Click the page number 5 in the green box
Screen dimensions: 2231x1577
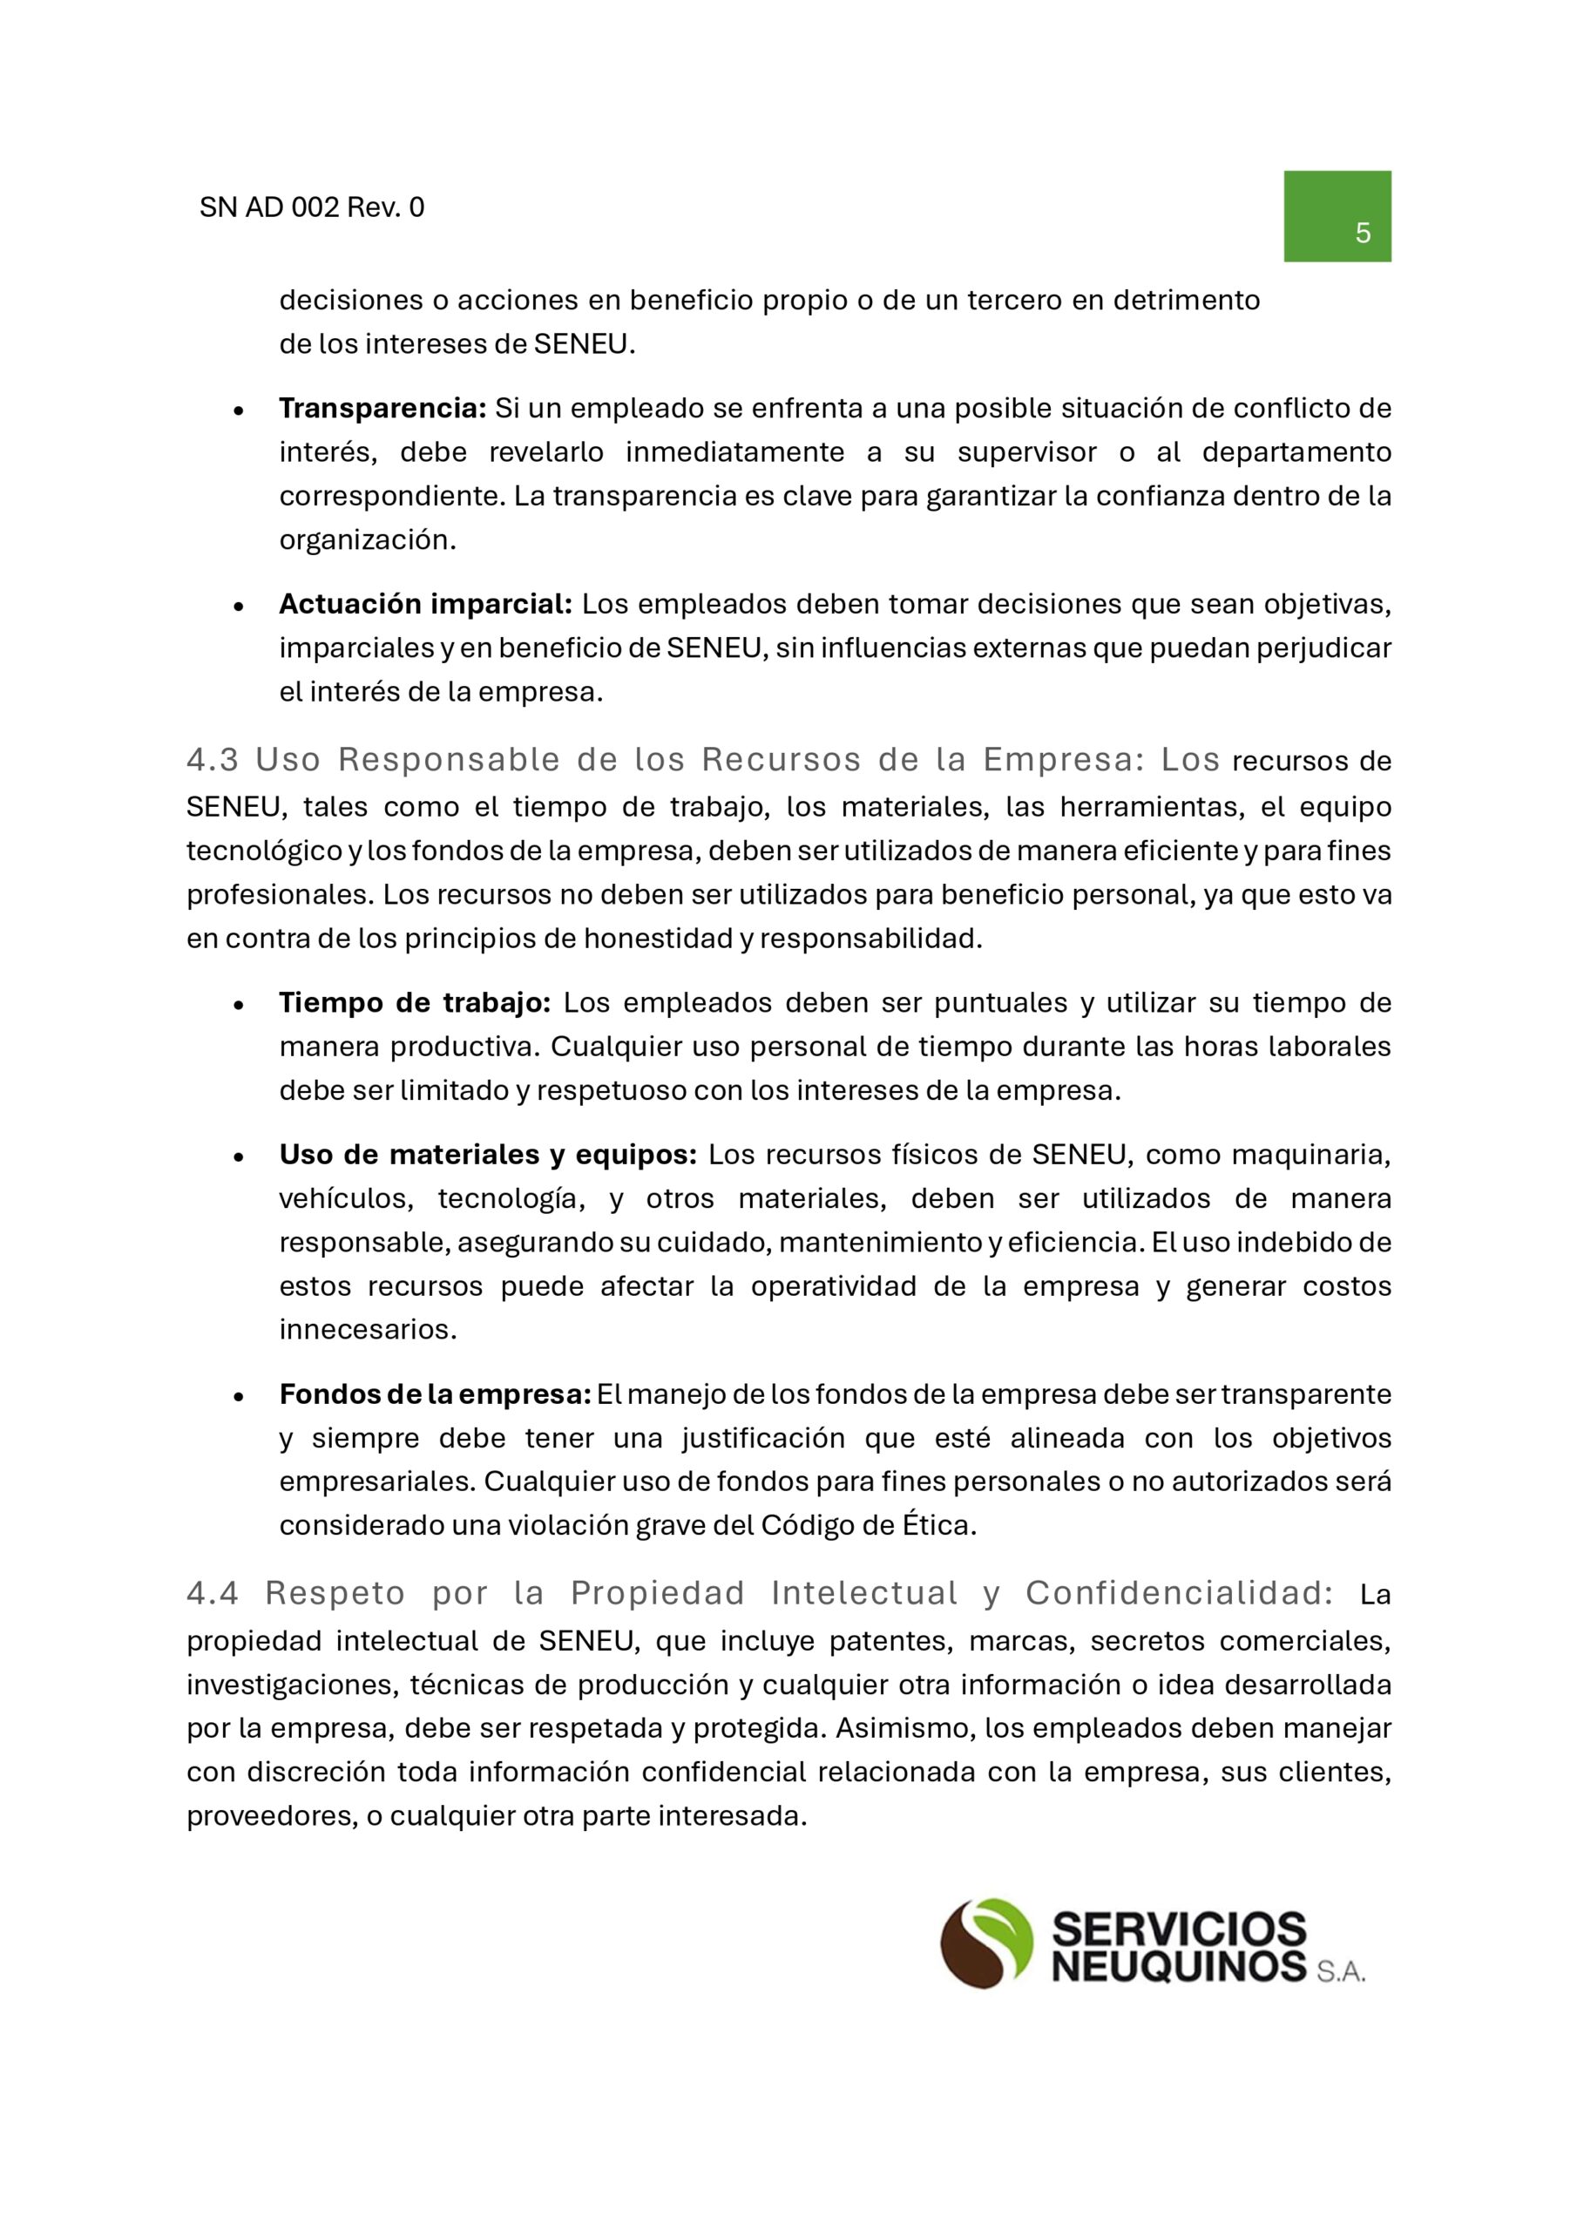1363,234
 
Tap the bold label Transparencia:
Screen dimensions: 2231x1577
382,408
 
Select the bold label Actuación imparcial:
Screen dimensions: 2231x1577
425,605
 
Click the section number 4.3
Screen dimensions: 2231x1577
213,760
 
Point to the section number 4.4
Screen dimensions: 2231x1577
213,1594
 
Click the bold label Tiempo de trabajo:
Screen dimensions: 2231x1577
415,1003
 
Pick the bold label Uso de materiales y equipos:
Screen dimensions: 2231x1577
488,1155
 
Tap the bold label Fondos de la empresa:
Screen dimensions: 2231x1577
436,1394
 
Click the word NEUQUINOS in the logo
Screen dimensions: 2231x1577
1179,1967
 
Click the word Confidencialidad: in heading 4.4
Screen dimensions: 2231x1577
1180,1594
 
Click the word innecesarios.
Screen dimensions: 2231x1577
368,1329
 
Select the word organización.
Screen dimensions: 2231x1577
368,540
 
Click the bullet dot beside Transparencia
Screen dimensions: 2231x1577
238,411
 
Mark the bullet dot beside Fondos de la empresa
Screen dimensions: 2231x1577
238,1397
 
